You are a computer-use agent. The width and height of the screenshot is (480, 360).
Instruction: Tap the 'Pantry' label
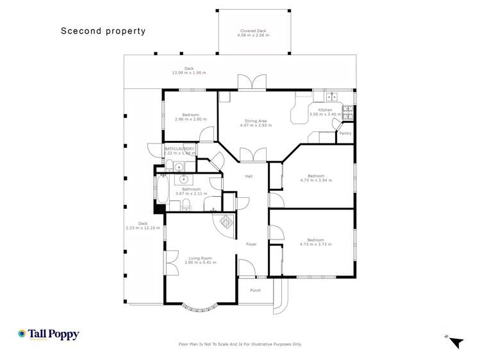(345, 133)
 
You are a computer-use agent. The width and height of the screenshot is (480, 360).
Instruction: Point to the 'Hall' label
(249, 176)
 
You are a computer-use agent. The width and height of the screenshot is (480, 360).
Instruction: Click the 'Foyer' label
(251, 243)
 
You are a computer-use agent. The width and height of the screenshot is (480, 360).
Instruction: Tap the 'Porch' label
(255, 290)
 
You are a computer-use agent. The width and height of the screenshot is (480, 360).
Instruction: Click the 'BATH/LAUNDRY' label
(179, 149)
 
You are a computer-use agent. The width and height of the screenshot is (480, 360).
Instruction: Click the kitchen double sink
(331, 97)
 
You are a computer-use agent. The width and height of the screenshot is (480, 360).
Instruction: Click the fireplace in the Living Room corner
(228, 224)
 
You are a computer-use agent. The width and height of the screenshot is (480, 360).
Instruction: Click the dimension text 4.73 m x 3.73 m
(316, 244)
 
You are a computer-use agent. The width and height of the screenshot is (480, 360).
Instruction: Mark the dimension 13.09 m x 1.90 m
(189, 72)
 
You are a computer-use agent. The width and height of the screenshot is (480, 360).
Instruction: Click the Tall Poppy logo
(49, 334)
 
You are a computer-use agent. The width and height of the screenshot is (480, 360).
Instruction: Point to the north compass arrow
(455, 343)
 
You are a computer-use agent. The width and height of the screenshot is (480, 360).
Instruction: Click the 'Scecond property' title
(103, 31)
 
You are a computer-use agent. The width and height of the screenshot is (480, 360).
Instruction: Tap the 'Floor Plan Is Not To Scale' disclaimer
(240, 344)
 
